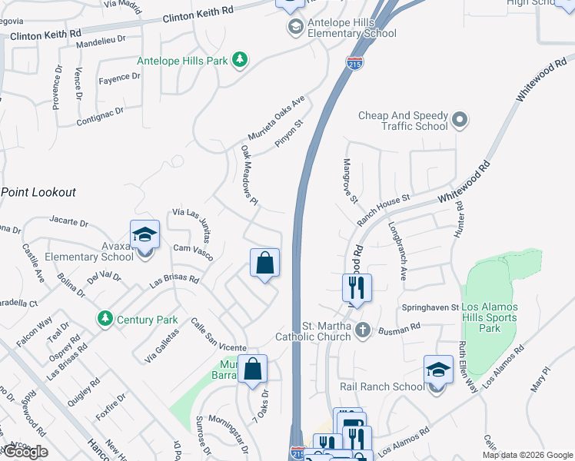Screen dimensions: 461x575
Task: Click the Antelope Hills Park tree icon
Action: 240,59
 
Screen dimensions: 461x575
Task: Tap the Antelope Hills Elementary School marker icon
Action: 295,28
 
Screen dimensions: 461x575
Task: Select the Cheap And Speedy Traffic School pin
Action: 460,120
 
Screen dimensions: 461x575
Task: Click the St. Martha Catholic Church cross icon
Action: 364,332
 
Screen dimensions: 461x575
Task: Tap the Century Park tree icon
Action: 104,318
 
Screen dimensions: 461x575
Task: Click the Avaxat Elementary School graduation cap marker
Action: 144,235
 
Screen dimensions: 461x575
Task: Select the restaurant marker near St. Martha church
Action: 357,289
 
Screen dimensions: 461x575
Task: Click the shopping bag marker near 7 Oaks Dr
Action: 252,370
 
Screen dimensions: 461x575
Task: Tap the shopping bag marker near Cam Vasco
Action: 264,264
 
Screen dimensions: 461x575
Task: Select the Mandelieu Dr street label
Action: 99,38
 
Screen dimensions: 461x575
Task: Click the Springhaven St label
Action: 430,307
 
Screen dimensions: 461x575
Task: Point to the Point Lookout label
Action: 38,191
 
